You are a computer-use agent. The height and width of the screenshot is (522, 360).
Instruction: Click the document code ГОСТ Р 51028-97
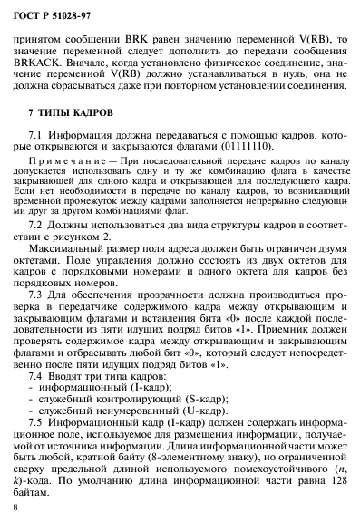click(46, 12)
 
